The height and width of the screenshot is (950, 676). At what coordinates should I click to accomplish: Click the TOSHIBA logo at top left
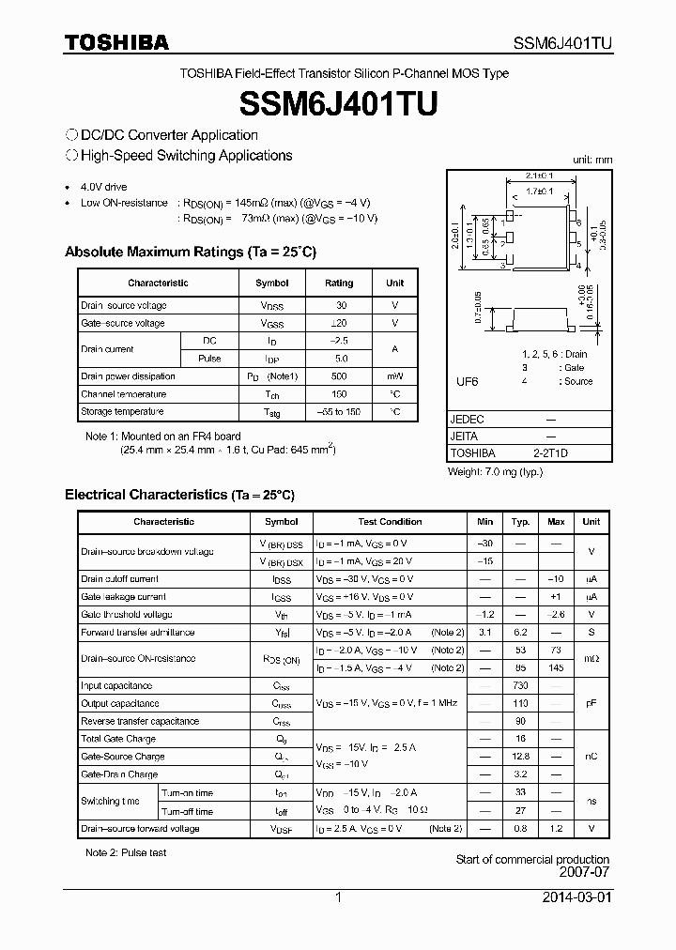(117, 42)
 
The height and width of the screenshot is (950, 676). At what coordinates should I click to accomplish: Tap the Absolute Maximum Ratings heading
(190, 252)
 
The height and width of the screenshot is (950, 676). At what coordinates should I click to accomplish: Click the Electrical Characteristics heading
(179, 494)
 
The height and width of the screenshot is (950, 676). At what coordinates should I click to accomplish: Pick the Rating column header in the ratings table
(339, 283)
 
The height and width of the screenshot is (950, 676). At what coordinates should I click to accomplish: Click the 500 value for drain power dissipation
(340, 376)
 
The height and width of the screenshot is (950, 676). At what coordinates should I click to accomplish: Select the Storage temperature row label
(122, 412)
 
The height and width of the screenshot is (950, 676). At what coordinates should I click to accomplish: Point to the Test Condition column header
(390, 522)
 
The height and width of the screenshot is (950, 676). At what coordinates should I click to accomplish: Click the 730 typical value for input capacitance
(520, 686)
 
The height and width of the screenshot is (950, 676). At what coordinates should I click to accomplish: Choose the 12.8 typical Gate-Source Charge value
(520, 757)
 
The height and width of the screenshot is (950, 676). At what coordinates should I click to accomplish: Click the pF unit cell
(591, 703)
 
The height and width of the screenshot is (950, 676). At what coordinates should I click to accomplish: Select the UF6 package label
(467, 382)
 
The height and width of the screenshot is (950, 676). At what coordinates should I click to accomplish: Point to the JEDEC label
(468, 420)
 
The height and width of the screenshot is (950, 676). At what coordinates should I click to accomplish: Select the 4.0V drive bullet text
(103, 188)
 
